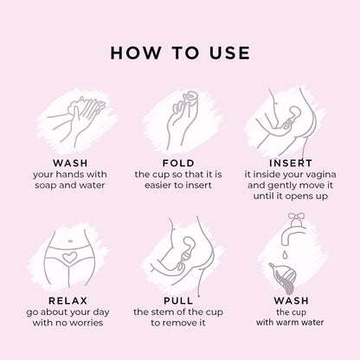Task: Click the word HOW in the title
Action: [136, 53]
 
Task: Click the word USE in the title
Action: [229, 53]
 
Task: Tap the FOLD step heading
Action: [178, 163]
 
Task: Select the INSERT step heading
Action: [291, 163]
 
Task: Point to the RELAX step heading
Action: [67, 300]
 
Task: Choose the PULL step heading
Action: [178, 300]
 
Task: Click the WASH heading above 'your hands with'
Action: [70, 163]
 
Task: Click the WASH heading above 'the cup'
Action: [292, 300]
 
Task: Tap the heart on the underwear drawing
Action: [70, 257]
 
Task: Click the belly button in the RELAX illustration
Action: [69, 241]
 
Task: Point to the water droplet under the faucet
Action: [285, 254]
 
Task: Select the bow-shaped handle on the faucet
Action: [296, 216]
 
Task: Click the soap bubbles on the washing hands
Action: [75, 105]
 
